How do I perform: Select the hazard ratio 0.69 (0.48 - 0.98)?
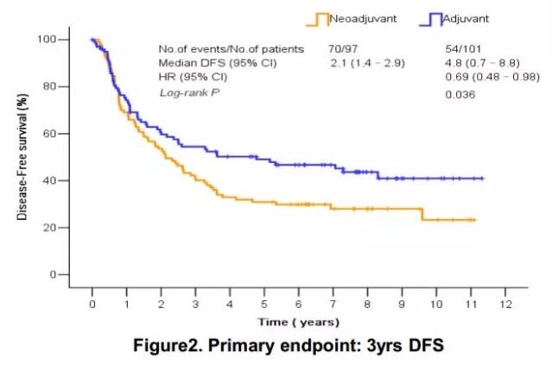click(483, 78)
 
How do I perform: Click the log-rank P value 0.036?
click(460, 94)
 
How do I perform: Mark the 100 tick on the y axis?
click(48, 40)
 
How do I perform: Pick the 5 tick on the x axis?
click(264, 304)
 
